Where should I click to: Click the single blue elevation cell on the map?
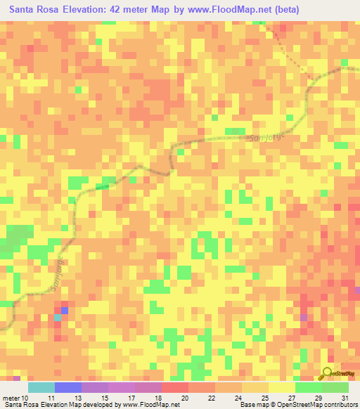pos(65,310)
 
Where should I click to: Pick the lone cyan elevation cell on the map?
pos(58,318)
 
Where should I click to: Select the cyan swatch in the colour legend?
pos(41,388)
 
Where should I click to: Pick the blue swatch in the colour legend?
pos(68,388)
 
